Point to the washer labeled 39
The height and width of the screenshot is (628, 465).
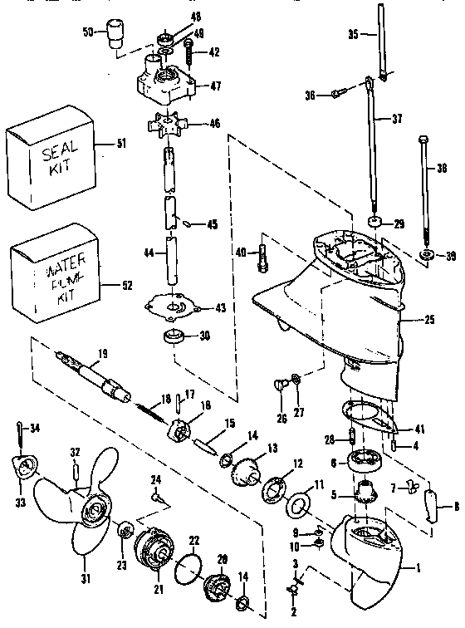coord(426,253)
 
